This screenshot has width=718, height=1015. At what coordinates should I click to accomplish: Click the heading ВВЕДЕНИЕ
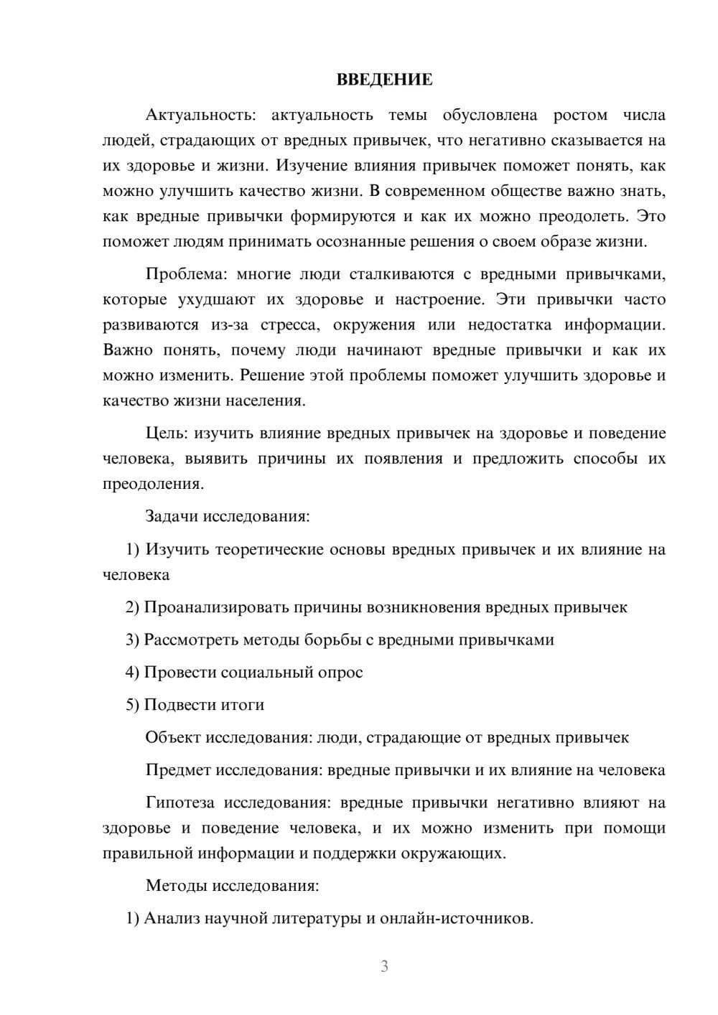384,80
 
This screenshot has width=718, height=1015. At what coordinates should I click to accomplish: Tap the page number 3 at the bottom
384,966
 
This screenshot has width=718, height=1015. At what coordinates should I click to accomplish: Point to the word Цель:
167,434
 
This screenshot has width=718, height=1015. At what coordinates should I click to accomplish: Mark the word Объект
173,738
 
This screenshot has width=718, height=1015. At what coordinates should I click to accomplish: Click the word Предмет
178,771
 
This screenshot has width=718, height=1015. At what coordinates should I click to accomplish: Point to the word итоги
243,706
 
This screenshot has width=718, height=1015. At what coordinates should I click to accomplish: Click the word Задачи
172,517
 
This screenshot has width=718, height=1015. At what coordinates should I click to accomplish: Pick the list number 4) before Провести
132,673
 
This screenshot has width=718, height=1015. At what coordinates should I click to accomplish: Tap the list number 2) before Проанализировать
132,608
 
